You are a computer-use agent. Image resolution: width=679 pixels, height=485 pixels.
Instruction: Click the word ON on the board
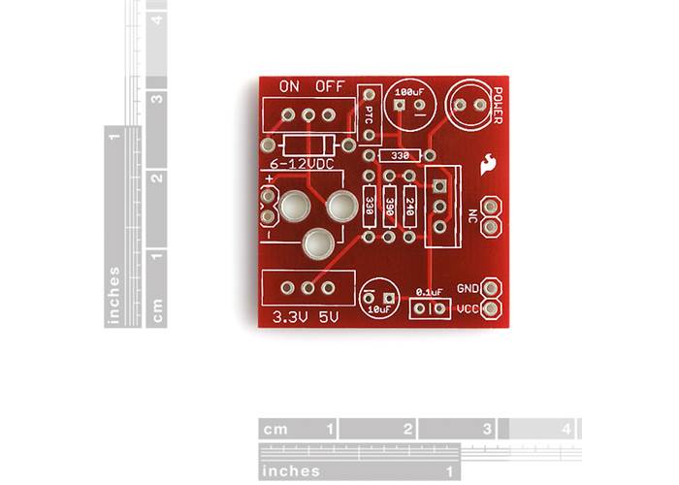click(x=289, y=86)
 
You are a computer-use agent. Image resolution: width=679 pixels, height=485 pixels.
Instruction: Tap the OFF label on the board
click(x=330, y=86)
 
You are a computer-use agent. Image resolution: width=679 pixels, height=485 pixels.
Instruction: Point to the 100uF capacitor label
click(x=409, y=91)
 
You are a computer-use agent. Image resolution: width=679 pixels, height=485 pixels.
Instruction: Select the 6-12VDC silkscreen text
click(x=302, y=165)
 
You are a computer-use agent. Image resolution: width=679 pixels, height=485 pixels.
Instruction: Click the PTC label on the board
click(x=369, y=114)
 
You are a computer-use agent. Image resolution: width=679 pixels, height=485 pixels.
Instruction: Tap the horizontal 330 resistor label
click(x=400, y=155)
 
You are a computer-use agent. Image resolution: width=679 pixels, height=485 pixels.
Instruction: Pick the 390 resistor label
click(x=389, y=206)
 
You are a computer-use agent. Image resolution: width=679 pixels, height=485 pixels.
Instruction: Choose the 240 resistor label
click(x=410, y=206)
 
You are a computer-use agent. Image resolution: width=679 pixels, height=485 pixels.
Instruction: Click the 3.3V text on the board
click(x=290, y=316)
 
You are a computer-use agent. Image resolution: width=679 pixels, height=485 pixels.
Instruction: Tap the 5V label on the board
click(x=329, y=316)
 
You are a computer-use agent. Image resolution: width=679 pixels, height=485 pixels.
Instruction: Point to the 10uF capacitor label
click(x=378, y=308)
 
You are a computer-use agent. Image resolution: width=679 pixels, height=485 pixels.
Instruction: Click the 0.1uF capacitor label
click(x=429, y=291)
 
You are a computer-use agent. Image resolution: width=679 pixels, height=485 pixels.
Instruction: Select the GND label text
click(x=468, y=288)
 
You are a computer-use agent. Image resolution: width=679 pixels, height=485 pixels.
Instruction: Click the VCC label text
click(x=468, y=309)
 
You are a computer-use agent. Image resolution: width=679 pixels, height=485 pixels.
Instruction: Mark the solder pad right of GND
click(x=492, y=288)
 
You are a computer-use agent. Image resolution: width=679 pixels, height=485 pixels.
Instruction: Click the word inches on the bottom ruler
click(x=291, y=470)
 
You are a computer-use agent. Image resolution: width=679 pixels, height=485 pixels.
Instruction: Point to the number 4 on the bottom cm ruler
click(x=566, y=428)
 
